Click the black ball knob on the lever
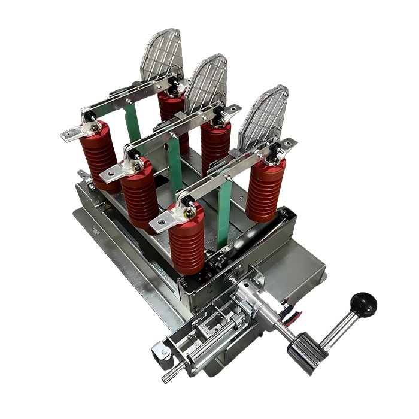click(363, 304)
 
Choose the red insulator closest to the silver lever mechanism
click(186, 239)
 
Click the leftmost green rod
click(133, 123)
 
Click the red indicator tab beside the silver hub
click(291, 314)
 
